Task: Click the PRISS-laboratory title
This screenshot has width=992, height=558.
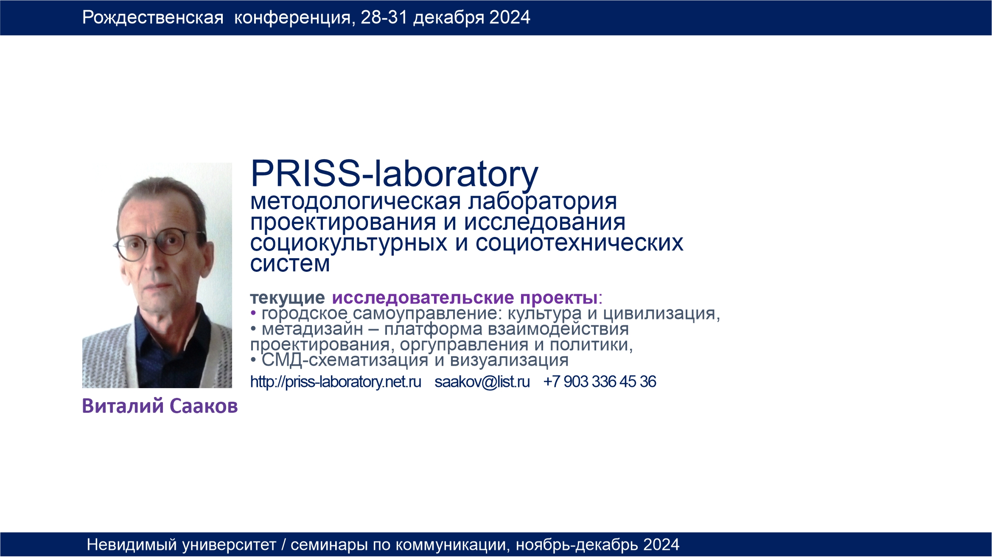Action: coord(394,174)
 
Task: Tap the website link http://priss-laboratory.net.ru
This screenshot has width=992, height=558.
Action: coord(336,382)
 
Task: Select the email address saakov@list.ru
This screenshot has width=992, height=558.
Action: coord(482,382)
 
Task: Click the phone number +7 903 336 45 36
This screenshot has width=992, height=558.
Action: coord(600,381)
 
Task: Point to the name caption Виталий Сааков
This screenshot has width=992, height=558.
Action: coord(160,406)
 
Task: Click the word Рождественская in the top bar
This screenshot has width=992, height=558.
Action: coord(153,18)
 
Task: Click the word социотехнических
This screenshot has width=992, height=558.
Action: coord(579,243)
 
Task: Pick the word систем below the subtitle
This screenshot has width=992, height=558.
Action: coord(290,264)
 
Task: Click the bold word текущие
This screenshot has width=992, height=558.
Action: coord(288,298)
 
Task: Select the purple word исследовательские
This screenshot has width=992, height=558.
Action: coord(423,298)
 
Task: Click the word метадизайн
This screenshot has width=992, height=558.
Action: coord(312,329)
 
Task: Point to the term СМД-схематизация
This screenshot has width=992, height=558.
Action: coord(345,360)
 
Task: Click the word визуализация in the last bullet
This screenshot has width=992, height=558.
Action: coord(509,361)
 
